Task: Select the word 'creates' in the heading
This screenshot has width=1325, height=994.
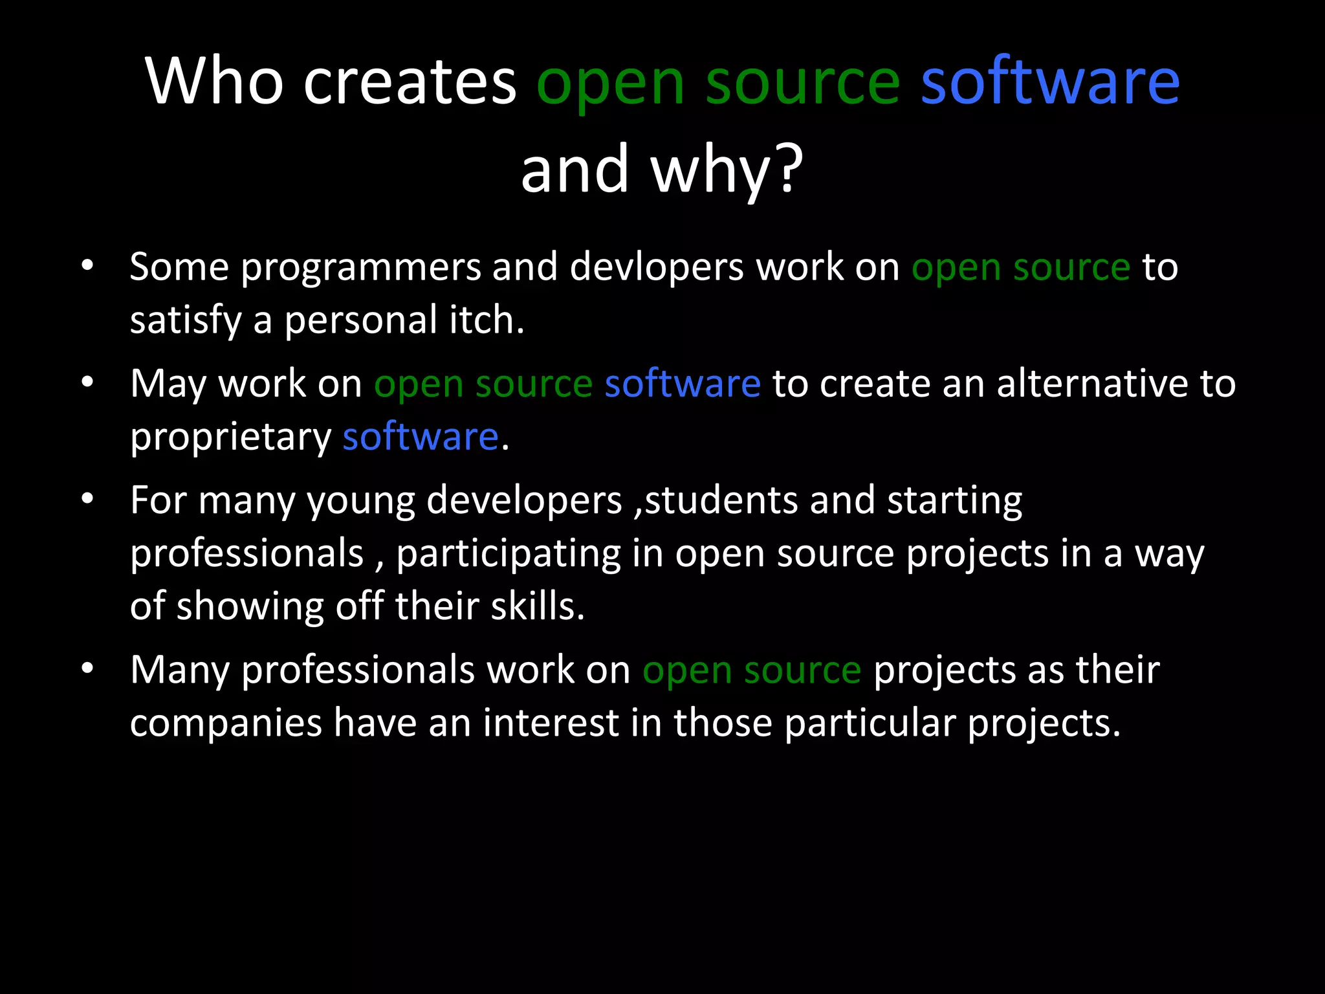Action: point(410,82)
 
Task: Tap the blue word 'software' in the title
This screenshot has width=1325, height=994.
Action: point(1050,82)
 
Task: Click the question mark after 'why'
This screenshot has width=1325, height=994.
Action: point(791,170)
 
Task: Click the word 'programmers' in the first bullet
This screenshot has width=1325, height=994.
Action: point(360,268)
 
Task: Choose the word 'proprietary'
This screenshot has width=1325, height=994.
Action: point(230,437)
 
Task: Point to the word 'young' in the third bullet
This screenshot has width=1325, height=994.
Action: point(360,502)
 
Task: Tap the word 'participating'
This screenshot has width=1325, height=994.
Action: point(509,555)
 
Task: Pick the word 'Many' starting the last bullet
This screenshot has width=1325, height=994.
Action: point(180,670)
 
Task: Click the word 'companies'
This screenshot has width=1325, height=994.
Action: point(226,723)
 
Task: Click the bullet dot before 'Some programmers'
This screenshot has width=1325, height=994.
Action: point(88,265)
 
